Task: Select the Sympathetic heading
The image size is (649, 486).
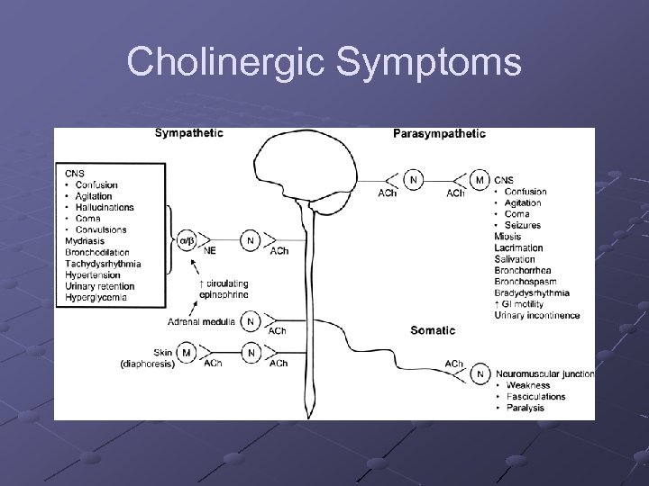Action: tap(189, 133)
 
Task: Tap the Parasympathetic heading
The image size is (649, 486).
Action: tap(439, 134)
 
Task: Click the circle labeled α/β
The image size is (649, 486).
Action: tap(187, 239)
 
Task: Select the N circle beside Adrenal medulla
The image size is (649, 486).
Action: tap(251, 321)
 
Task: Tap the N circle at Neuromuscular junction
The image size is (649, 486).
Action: tap(480, 373)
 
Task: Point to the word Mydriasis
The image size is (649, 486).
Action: tap(85, 240)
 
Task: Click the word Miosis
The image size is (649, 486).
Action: tap(507, 237)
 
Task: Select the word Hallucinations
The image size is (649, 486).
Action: tap(105, 207)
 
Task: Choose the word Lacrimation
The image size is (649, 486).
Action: tap(518, 248)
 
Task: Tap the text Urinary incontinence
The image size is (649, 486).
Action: tap(537, 315)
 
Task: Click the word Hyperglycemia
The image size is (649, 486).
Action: tap(96, 297)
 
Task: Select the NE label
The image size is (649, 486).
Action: tap(209, 251)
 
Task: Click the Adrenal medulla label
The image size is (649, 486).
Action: tap(200, 321)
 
